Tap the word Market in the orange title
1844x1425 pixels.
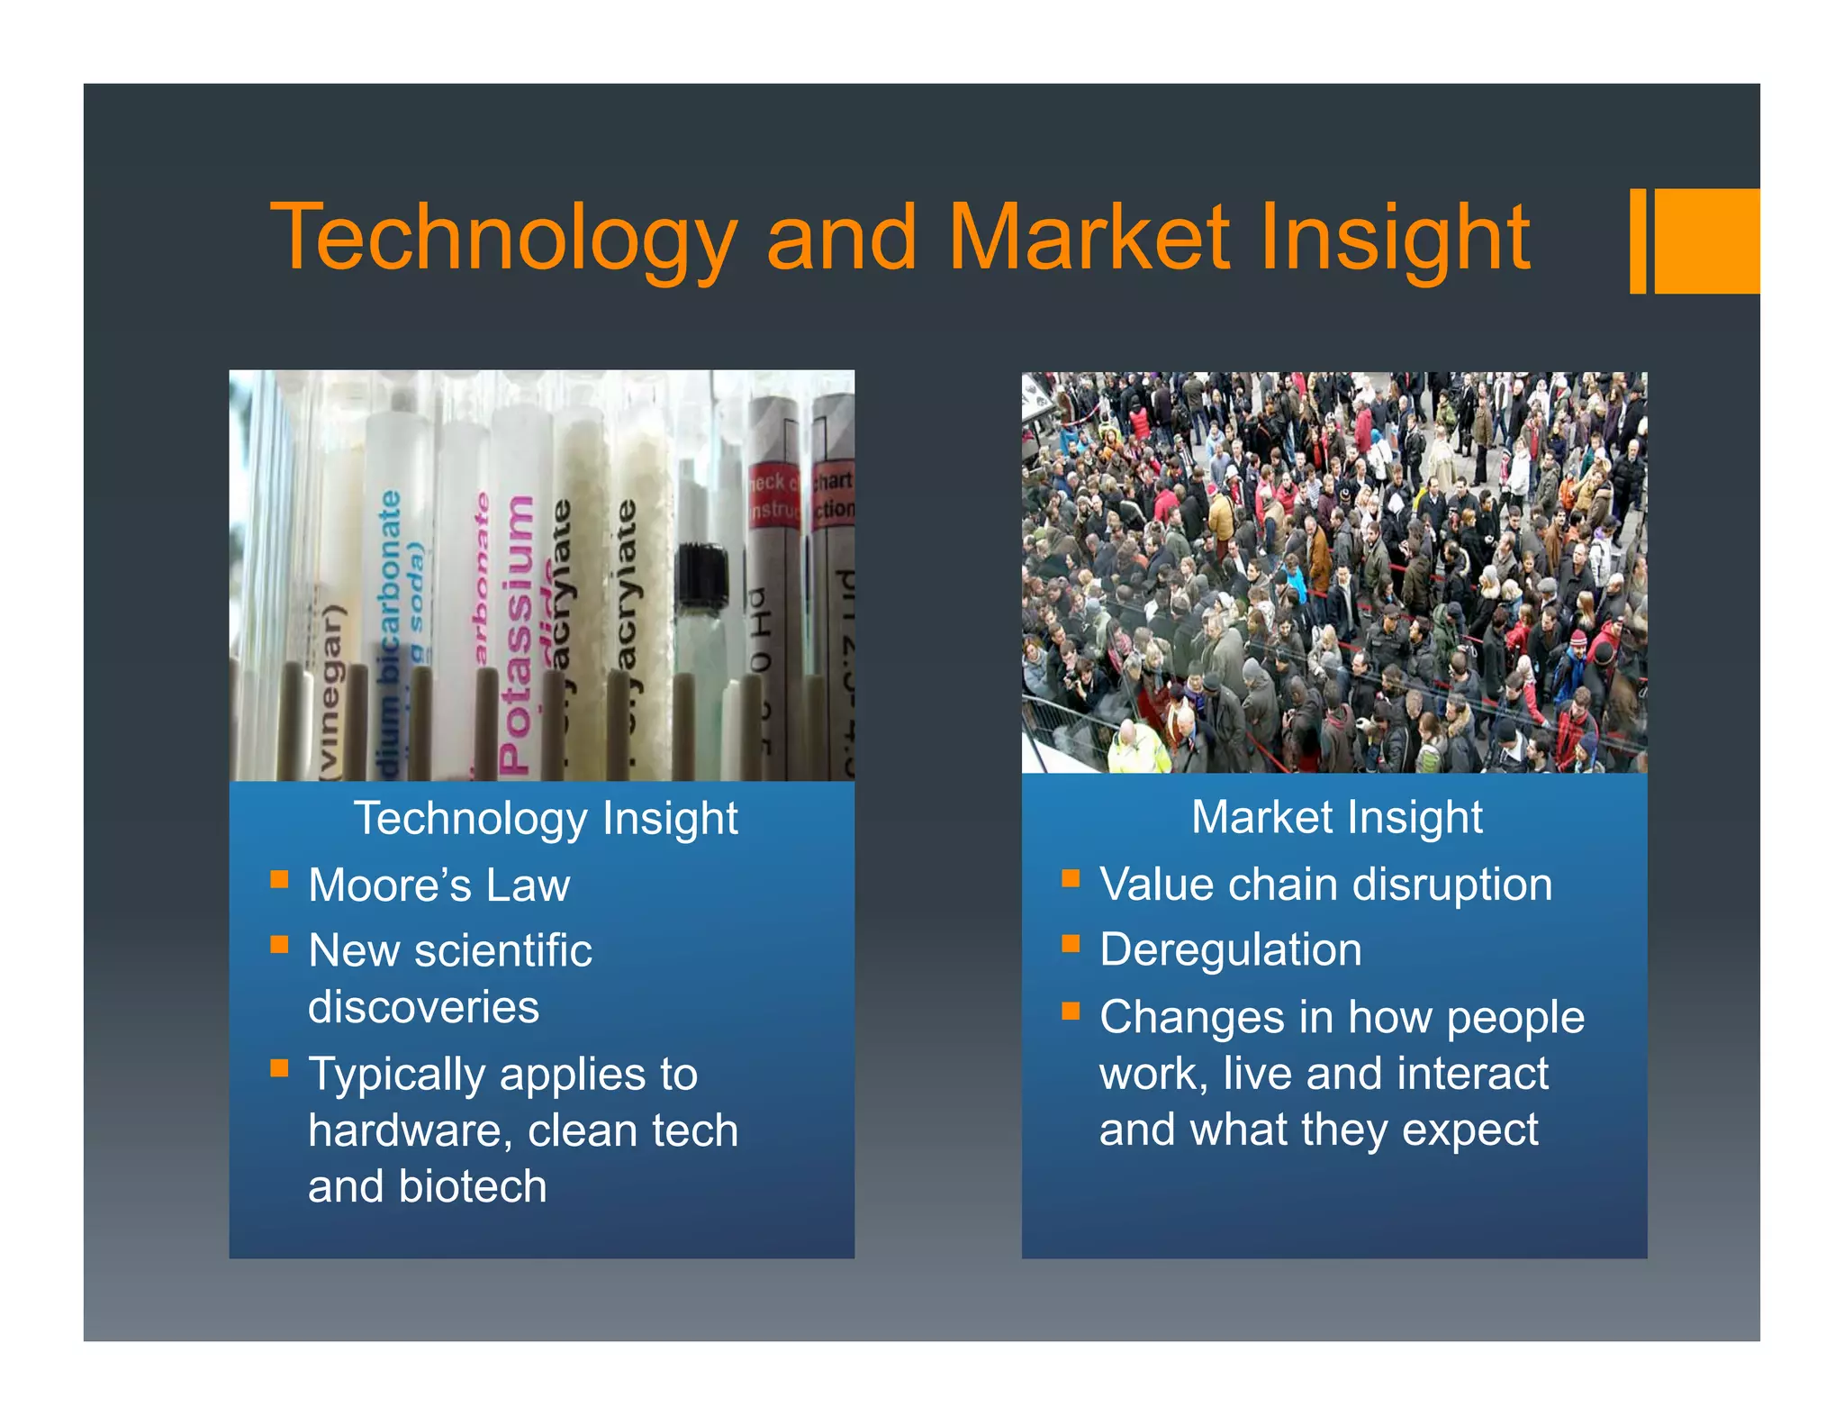tap(1089, 237)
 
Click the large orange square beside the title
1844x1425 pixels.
tap(1706, 241)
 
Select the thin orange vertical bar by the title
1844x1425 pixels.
tap(1638, 241)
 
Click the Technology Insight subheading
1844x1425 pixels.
tap(546, 818)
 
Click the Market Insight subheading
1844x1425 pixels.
tap(1336, 817)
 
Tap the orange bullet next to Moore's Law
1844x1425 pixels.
tap(279, 879)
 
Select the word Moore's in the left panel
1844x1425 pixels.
tap(389, 885)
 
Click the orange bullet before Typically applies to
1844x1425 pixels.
tap(279, 1068)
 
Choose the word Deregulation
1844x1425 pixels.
tap(1230, 949)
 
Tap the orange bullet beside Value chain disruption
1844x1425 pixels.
tap(1071, 878)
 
